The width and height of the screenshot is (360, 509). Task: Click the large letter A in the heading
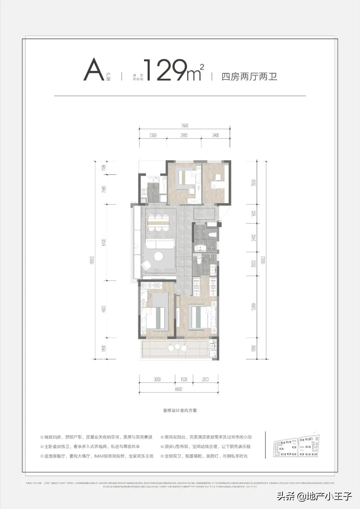pos(94,70)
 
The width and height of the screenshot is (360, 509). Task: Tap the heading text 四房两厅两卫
pos(249,77)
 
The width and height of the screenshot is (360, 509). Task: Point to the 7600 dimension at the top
pos(185,126)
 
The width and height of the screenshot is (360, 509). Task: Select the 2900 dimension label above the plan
pos(184,135)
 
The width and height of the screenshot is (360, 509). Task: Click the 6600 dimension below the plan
pos(178,389)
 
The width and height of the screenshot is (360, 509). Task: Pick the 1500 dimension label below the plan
pos(184,380)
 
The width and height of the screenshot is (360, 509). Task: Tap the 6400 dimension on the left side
pos(104,242)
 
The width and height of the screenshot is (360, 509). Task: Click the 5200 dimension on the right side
pos(254,307)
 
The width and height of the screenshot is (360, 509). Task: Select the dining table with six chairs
pos(158,222)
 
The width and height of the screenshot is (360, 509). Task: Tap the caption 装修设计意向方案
pos(180,411)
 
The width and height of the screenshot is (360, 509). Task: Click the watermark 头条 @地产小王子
pos(314,496)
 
